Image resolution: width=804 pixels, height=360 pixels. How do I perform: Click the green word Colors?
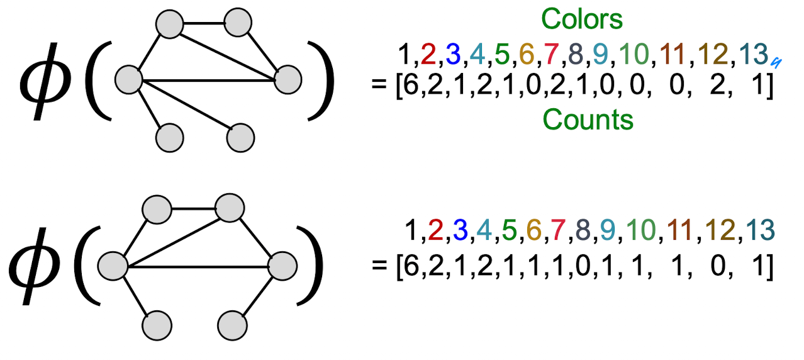[582, 20]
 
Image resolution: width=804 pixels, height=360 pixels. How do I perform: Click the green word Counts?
[587, 119]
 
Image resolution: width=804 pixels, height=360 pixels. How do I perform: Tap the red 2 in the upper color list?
[428, 55]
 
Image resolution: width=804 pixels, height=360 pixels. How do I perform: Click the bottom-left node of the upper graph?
[169, 137]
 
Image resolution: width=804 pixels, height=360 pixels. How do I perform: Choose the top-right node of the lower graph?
[230, 206]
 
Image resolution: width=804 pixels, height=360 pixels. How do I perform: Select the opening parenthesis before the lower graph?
[85, 262]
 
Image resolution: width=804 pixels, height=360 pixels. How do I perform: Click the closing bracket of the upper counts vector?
[769, 87]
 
